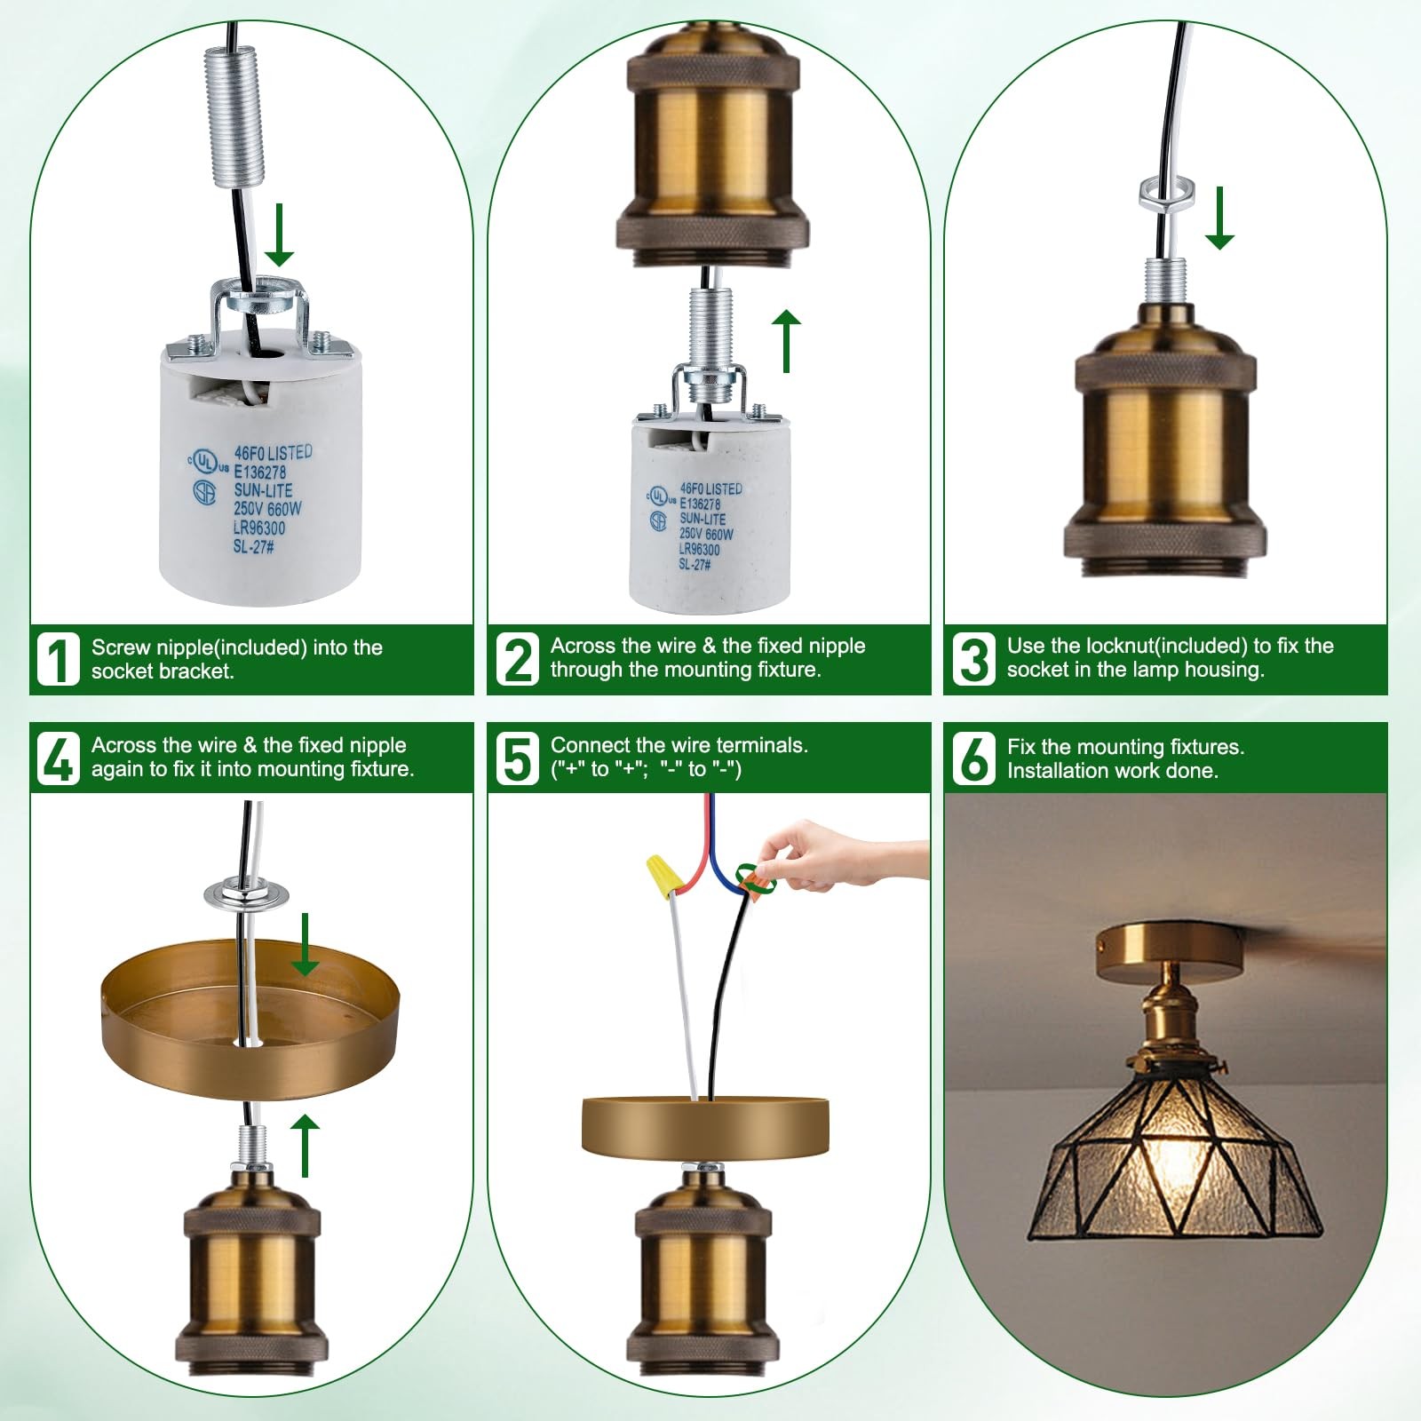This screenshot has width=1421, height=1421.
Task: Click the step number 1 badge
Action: (x=59, y=659)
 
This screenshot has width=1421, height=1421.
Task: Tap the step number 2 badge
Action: (x=519, y=659)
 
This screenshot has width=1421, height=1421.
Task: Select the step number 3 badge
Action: (x=974, y=659)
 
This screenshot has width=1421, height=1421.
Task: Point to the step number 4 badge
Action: (x=59, y=758)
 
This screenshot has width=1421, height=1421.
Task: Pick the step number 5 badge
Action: (x=519, y=758)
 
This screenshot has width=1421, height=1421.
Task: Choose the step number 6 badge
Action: (x=974, y=758)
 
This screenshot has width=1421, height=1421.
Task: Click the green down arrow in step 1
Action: (x=279, y=234)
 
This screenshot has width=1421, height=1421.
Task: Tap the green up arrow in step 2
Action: (x=786, y=341)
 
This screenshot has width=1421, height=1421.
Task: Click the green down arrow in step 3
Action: (x=1219, y=218)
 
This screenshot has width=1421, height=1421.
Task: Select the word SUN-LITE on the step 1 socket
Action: (x=263, y=490)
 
